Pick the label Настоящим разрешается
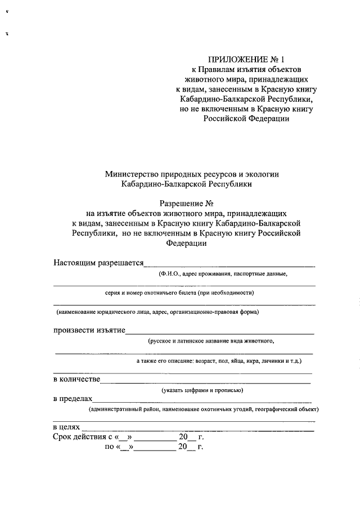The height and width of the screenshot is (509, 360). point(98,263)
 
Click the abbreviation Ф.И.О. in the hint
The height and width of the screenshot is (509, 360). point(168,274)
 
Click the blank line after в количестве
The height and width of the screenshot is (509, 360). point(205,381)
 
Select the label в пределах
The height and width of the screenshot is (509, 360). point(72,399)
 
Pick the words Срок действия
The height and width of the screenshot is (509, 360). point(78,437)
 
